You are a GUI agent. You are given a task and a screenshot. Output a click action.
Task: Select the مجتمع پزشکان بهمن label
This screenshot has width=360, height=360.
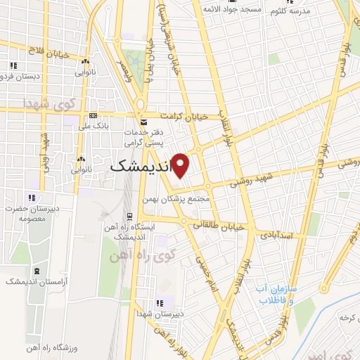pos(191,199)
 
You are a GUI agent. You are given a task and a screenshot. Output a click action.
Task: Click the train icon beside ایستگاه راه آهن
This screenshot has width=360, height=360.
pos(129,216)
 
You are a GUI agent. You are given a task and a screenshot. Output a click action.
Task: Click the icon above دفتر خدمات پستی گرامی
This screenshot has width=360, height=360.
pos(144,122)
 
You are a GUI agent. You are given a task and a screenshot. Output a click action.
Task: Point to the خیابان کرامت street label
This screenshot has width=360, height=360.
pos(185,116)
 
